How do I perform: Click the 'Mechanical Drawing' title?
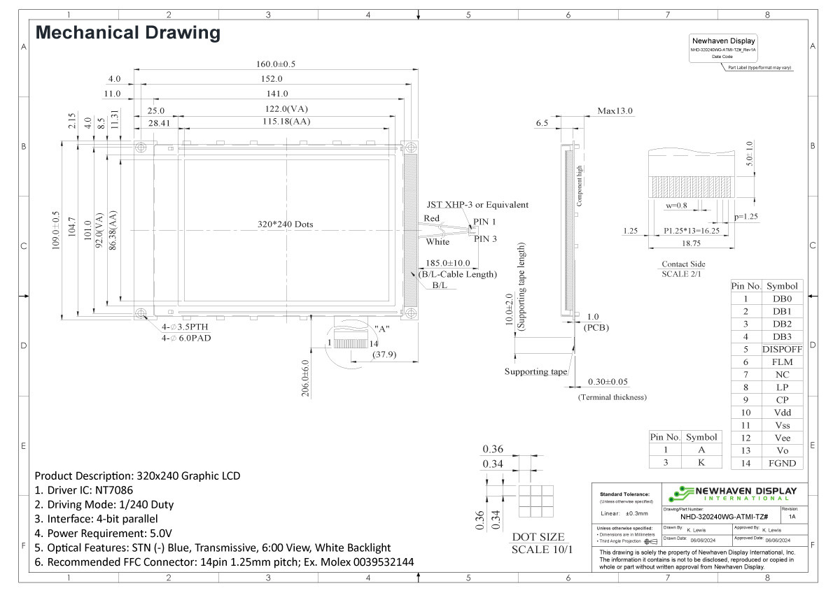127,33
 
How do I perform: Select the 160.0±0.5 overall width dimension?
275,64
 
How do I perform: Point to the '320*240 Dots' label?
285,224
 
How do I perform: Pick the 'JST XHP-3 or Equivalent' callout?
477,205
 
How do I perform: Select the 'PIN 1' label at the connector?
484,222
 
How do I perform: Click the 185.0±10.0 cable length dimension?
448,264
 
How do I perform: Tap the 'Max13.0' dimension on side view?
615,110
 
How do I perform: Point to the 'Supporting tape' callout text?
535,371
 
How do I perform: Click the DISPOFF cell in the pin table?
781,349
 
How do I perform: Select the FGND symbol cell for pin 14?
781,463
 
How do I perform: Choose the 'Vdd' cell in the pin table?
781,413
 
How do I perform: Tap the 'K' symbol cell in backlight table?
701,462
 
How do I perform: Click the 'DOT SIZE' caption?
538,537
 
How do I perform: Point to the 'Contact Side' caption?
683,264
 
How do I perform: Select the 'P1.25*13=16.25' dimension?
690,230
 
